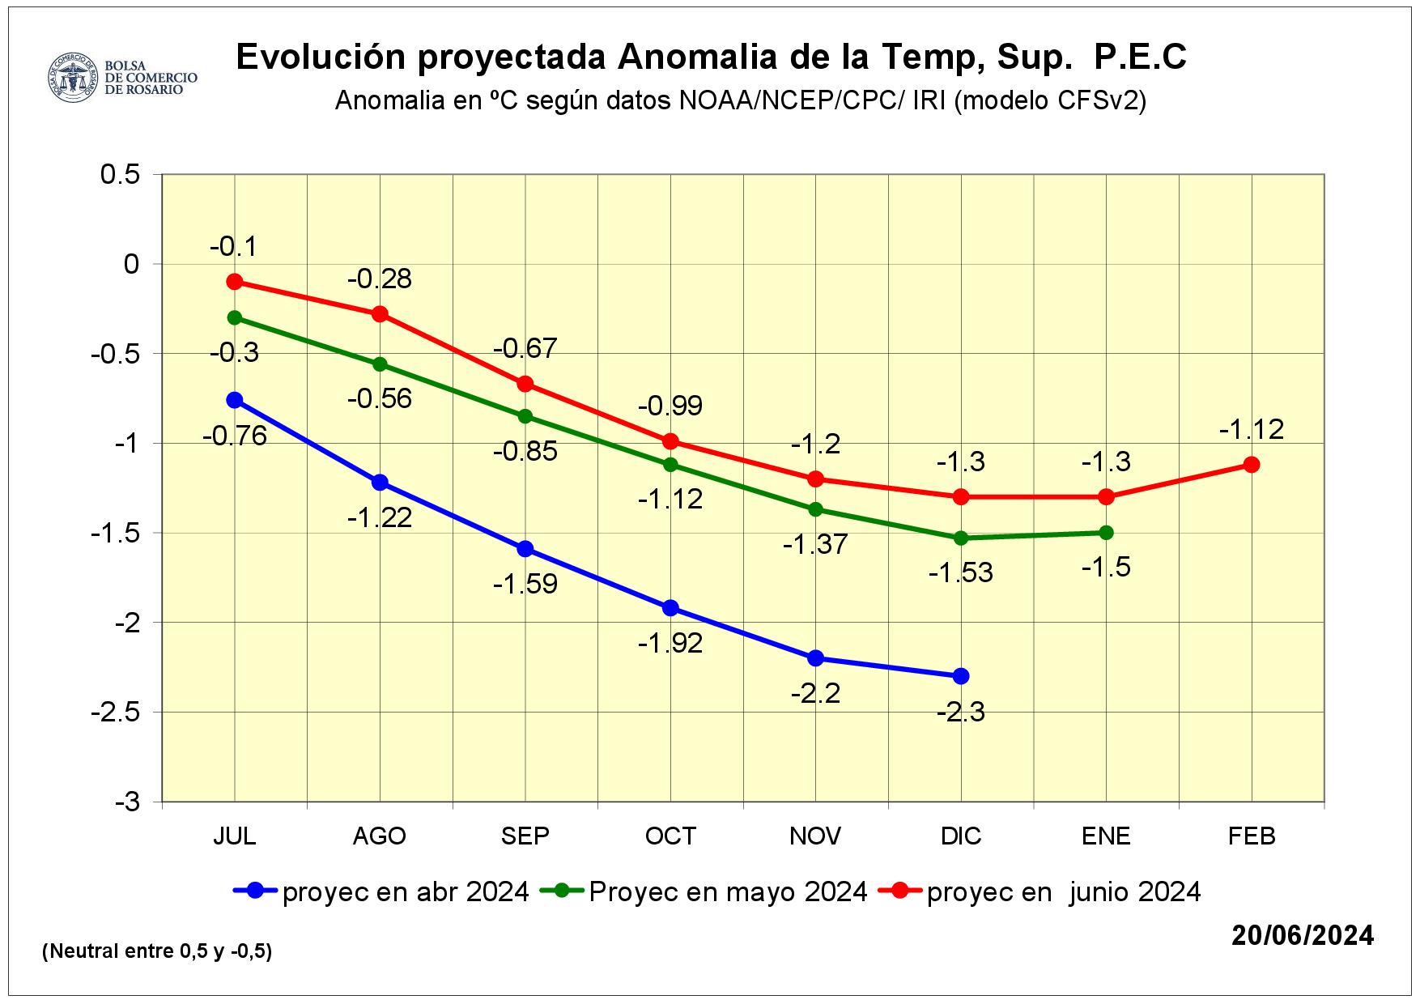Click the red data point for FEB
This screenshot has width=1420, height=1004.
point(1252,464)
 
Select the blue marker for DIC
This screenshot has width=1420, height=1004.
point(961,676)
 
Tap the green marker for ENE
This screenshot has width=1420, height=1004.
point(1106,533)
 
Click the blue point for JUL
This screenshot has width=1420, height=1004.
point(235,400)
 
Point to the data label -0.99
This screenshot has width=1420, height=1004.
point(670,406)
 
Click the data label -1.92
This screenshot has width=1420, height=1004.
point(670,644)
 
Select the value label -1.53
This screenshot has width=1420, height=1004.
point(961,573)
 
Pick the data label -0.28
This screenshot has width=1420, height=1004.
point(380,279)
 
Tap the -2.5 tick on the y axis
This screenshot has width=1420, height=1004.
point(116,713)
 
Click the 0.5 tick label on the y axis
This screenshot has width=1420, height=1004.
point(120,174)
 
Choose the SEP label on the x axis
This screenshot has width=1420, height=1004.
point(525,836)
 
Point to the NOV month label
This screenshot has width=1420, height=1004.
point(815,836)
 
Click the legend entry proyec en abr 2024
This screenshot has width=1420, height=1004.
point(405,891)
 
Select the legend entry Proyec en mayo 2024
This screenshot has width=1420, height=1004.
point(727,891)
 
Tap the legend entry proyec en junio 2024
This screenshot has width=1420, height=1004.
point(1063,891)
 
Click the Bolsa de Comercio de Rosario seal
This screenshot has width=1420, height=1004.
point(73,78)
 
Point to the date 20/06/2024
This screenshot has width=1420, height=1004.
point(1303,935)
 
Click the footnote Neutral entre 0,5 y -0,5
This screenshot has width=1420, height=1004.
point(157,951)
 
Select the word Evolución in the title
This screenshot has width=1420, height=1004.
point(321,57)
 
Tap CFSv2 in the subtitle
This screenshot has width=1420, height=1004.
point(1098,100)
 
